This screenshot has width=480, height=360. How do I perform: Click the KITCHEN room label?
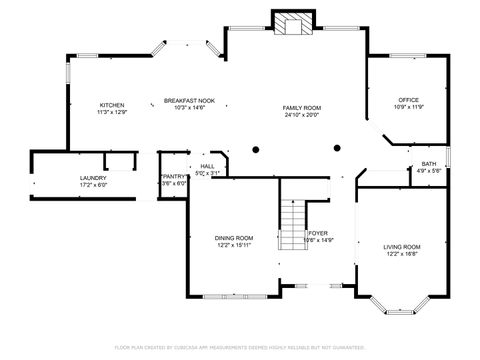click(x=111, y=106)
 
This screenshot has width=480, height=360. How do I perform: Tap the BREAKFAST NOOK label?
click(x=189, y=101)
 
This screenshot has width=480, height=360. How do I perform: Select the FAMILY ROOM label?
click(x=301, y=107)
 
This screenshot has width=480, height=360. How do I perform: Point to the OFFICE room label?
click(x=408, y=100)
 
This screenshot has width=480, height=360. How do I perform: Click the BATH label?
click(x=428, y=164)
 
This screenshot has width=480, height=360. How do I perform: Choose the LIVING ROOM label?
click(x=402, y=246)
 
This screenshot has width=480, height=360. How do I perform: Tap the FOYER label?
click(x=318, y=233)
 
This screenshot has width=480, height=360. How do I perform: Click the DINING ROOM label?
click(x=233, y=238)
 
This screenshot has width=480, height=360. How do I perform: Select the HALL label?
click(x=207, y=167)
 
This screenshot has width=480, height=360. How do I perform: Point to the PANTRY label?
click(x=174, y=176)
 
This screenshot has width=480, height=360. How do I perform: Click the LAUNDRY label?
click(x=93, y=178)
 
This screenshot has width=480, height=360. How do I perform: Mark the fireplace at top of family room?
click(x=293, y=24)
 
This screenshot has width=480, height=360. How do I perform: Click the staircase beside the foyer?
click(x=292, y=216)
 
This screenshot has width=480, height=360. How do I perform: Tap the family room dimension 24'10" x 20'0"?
click(x=301, y=114)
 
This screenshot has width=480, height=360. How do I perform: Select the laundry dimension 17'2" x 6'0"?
click(x=93, y=185)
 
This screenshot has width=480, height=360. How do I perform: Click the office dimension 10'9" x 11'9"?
click(x=408, y=107)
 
